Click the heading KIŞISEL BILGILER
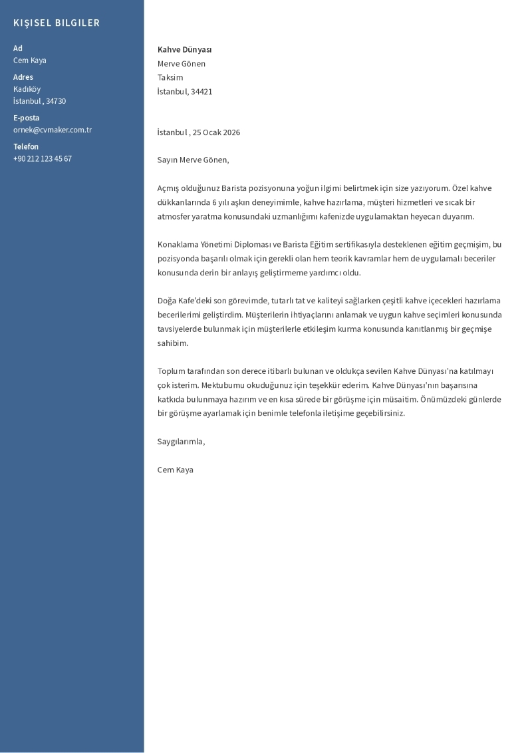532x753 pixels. (57, 23)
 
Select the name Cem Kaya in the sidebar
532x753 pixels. (30, 61)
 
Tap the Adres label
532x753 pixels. (23, 77)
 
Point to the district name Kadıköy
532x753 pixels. (27, 89)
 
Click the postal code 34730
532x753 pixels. (56, 101)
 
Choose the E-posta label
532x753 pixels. (27, 118)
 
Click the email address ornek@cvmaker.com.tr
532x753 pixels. (53, 130)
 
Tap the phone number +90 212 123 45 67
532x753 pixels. (43, 158)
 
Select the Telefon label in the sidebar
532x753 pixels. (26, 146)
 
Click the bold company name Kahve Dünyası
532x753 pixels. (184, 50)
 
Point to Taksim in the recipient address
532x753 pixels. (170, 78)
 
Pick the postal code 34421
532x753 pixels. (201, 92)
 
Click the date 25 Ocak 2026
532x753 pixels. (217, 132)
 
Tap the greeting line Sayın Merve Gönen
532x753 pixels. (193, 160)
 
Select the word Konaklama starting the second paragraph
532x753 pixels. (176, 245)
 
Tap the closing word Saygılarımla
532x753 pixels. (181, 442)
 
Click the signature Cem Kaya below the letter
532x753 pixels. (176, 470)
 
